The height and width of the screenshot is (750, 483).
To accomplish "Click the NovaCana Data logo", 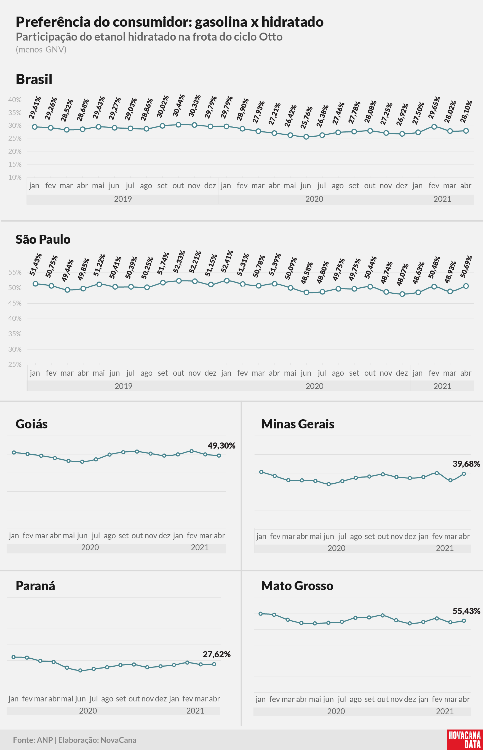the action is pyautogui.click(x=465, y=740).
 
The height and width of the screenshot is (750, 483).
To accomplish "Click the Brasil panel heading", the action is pyautogui.click(x=34, y=79).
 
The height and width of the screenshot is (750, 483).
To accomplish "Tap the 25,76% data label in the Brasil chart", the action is pyautogui.click(x=306, y=117).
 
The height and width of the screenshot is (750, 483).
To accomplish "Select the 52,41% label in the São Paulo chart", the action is pyautogui.click(x=227, y=261).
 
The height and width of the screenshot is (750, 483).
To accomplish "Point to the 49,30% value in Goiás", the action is pyautogui.click(x=222, y=446).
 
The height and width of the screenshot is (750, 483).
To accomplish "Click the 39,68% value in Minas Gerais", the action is pyautogui.click(x=466, y=464).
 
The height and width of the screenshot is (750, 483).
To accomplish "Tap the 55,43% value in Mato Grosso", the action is pyautogui.click(x=466, y=611).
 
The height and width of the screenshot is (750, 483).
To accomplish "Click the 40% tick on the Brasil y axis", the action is pyautogui.click(x=15, y=100).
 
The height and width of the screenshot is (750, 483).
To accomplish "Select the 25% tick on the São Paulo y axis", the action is pyautogui.click(x=15, y=365).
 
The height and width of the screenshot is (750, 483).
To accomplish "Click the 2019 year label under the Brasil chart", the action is pyautogui.click(x=123, y=199).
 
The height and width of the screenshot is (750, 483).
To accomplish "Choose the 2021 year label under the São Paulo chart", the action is pyautogui.click(x=442, y=386).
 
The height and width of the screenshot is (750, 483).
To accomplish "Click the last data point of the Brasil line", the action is pyautogui.click(x=466, y=131).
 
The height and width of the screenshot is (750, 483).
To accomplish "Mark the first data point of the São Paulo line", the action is pyautogui.click(x=35, y=284).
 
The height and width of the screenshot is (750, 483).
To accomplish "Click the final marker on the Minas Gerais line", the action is pyautogui.click(x=464, y=474).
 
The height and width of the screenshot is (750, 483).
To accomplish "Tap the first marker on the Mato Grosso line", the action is pyautogui.click(x=261, y=613).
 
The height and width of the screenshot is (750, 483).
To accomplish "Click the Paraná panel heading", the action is pyautogui.click(x=35, y=585).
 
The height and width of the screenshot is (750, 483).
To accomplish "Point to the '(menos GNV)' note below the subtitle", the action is pyautogui.click(x=41, y=50).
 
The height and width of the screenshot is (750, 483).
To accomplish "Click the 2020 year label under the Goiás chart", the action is pyautogui.click(x=90, y=547).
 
